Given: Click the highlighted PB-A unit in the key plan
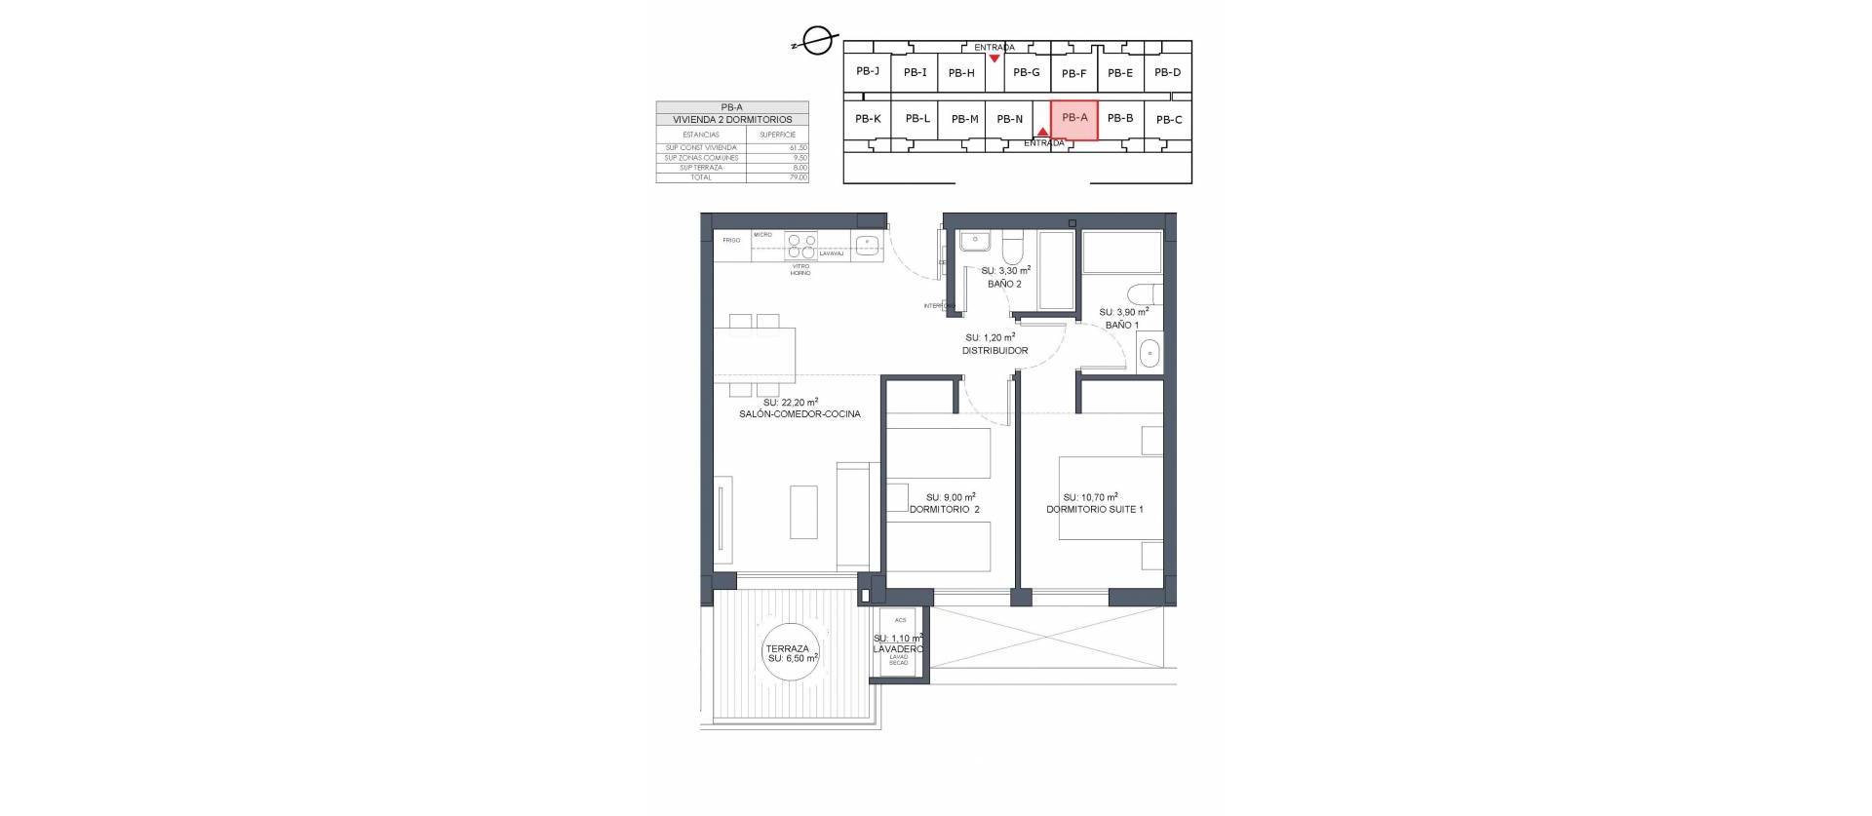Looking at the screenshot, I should tap(1074, 119).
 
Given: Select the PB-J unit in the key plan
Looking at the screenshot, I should tap(868, 70).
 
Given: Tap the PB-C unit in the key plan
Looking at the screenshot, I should tap(1168, 120).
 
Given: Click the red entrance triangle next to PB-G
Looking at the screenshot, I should tap(994, 58).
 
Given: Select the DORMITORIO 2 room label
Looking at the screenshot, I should tap(944, 509).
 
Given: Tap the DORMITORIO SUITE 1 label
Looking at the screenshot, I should tap(1094, 509).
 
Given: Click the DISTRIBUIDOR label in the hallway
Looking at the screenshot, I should tap(994, 351).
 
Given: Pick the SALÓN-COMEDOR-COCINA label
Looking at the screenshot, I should tap(799, 414).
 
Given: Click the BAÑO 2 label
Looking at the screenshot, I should tap(1004, 284).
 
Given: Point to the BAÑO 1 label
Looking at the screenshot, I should tap(1122, 325).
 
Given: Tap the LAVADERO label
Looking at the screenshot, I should tap(899, 648).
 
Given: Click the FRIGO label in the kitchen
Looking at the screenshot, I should tap(731, 240).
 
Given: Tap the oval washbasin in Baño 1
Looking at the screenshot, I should tap(1149, 352).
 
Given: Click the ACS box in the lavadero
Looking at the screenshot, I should tap(900, 620).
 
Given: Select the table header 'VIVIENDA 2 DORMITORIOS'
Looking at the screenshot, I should tap(732, 119).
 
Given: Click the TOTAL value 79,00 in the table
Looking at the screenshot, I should tap(799, 177).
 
